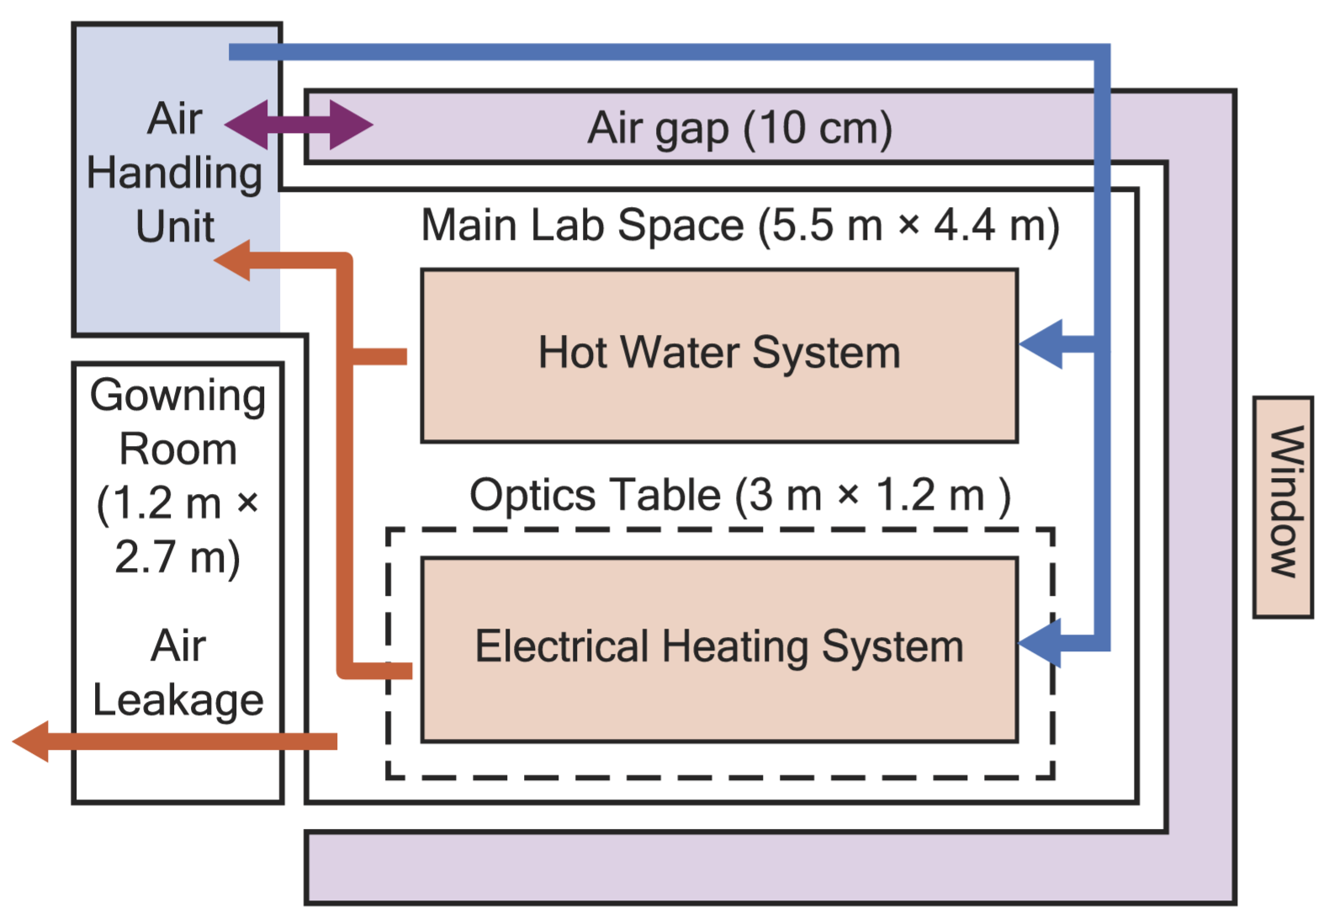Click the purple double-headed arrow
(299, 125)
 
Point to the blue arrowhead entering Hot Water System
(1040, 344)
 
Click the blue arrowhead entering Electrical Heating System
(1040, 644)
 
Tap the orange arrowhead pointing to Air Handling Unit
(233, 260)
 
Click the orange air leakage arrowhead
(31, 741)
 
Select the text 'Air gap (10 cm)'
(740, 128)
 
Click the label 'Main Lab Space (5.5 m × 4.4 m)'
(740, 226)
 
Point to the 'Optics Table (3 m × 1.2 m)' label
(740, 495)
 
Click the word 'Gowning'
(178, 396)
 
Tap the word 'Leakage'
(178, 700)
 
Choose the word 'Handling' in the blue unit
(175, 173)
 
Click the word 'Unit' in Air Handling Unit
(175, 226)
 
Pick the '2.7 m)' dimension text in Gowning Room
(178, 557)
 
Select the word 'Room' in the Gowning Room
(178, 449)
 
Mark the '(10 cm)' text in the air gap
(818, 128)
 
